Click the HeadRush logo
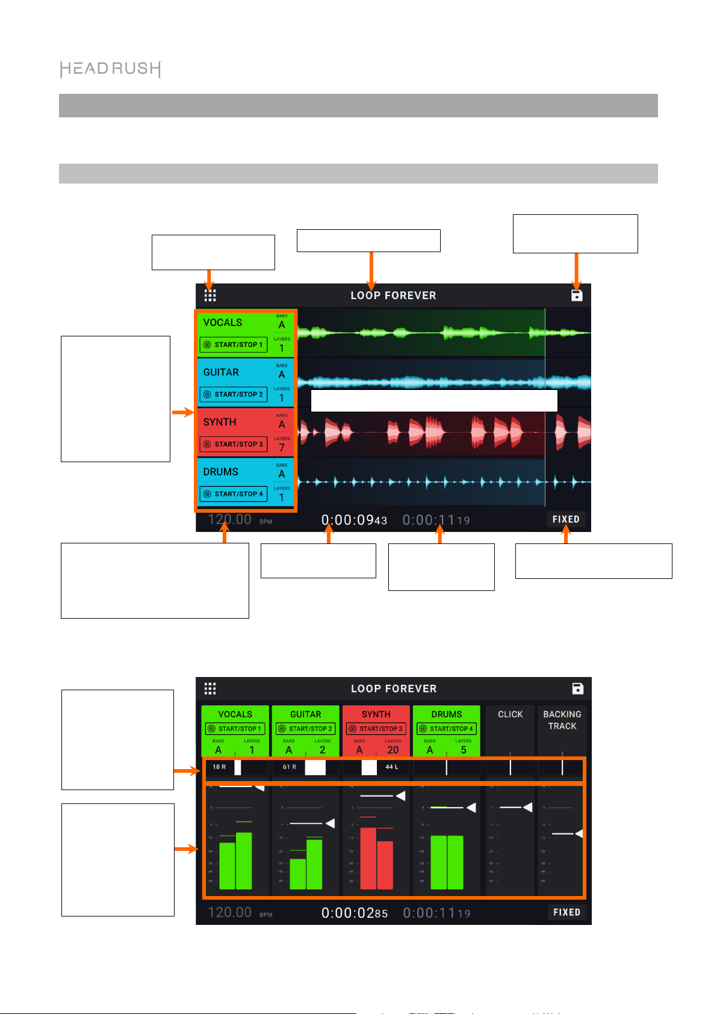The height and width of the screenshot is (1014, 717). [111, 69]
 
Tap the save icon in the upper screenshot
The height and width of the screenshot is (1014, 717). [577, 295]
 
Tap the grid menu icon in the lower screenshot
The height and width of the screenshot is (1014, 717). [210, 688]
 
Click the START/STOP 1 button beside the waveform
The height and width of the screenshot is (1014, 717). [234, 345]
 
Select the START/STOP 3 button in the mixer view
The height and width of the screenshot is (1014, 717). [376, 729]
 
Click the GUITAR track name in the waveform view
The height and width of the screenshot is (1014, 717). [221, 373]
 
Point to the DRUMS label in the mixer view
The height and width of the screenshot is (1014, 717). [446, 714]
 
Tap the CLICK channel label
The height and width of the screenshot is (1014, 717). [510, 714]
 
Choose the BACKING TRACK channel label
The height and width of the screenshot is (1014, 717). [562, 720]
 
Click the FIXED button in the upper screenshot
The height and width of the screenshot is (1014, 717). [566, 519]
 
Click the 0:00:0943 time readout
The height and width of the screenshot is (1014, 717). [354, 520]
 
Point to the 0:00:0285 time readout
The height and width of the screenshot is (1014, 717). [355, 913]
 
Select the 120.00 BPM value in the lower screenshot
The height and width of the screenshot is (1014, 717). [229, 912]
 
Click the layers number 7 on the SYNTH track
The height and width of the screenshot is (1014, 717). [282, 448]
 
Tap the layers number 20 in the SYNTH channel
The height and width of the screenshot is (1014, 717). [393, 750]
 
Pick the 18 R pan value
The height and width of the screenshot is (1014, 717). [219, 767]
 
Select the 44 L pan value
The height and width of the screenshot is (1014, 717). [391, 767]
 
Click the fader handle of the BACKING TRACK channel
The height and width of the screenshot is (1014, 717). [579, 833]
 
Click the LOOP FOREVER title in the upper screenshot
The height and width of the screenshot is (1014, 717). [393, 295]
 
